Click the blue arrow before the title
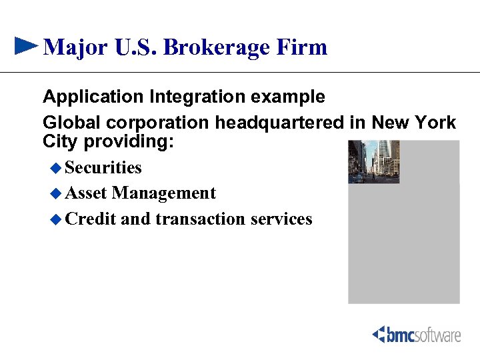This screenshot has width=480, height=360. coord(25,45)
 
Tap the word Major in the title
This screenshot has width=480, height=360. coord(73,47)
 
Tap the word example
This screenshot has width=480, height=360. coord(288,97)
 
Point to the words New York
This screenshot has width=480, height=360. coord(413,123)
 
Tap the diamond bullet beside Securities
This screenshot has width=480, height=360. coord(56,167)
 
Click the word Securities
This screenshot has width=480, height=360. coord(104,167)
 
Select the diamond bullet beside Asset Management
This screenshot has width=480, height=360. coord(56,193)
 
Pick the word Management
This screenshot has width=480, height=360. coord(164,193)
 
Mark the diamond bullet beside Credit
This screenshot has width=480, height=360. coord(56,219)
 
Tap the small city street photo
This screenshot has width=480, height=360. coord(373,161)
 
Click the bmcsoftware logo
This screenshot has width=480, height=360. coord(416,334)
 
